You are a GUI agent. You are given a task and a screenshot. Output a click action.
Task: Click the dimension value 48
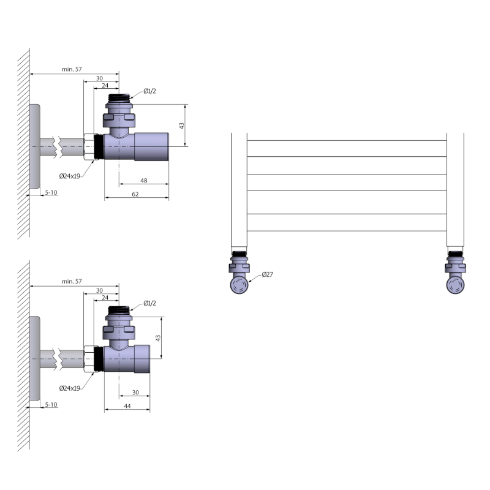pos(144,181)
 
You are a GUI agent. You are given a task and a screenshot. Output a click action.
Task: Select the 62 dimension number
pos(135,195)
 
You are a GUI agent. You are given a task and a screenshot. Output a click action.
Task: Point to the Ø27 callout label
pos(267,274)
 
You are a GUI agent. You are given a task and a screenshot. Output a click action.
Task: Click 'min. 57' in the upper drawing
pos(72,69)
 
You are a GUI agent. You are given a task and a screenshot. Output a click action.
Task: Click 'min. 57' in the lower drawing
pos(72,281)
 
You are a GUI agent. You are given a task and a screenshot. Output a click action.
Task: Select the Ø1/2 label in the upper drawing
pos(150,91)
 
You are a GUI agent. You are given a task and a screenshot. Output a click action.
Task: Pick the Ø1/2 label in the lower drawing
pos(150,303)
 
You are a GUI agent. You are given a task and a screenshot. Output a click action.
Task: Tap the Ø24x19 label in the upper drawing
pos(70,176)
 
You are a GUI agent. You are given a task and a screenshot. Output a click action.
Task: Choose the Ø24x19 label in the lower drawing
pos(70,388)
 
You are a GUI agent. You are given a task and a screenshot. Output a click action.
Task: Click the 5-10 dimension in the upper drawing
pos(51,193)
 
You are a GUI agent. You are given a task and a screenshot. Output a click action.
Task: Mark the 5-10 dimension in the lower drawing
pos(51,405)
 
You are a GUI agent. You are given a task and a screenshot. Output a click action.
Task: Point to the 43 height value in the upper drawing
pos(182,125)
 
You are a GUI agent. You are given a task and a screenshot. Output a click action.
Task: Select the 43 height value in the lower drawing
pos(158,337)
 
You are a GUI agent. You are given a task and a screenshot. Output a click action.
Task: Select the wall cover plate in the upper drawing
pos(35,147)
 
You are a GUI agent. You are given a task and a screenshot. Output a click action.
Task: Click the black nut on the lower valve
pos(98,360)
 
